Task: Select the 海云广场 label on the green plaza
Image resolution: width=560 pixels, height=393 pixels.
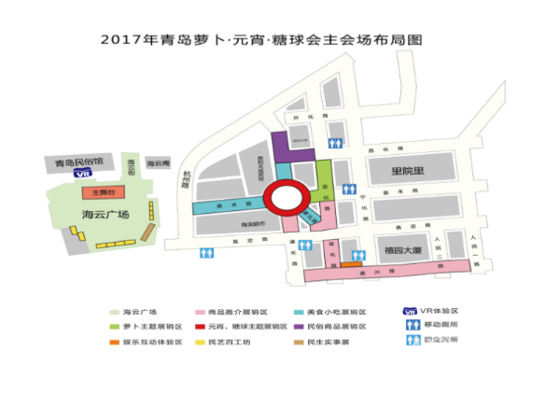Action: (100, 214)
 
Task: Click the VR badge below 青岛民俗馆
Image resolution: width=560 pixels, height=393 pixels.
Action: (83, 173)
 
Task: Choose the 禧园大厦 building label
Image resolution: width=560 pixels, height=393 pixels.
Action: (405, 251)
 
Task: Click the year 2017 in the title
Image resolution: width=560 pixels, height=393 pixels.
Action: (123, 40)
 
